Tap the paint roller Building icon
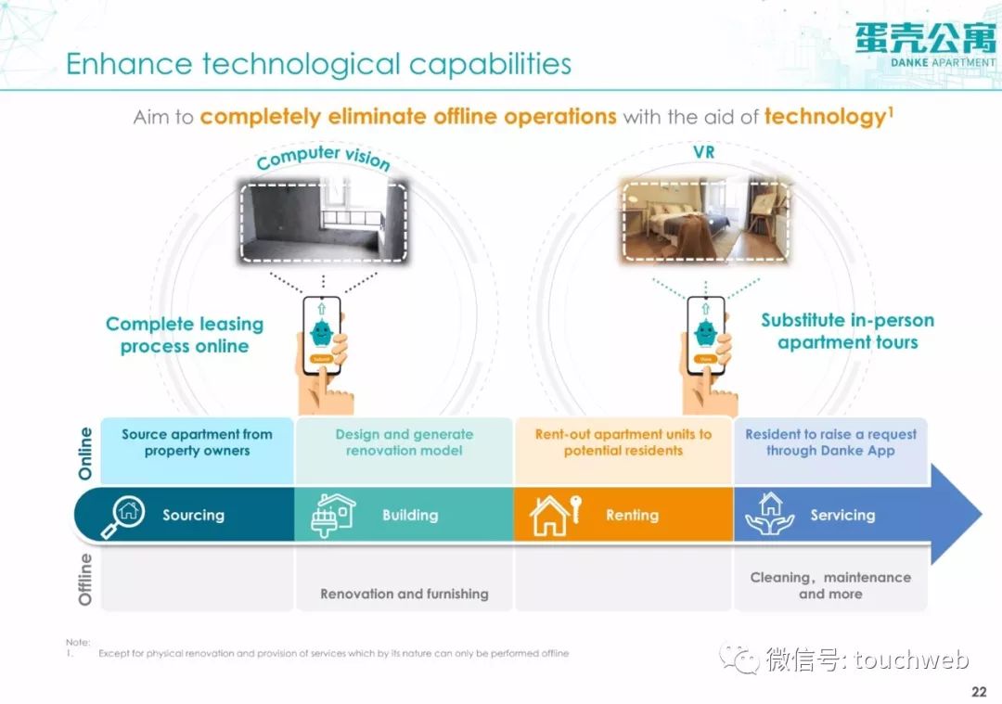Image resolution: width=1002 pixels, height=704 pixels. pos(333,515)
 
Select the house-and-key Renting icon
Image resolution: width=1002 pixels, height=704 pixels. pos(556,515)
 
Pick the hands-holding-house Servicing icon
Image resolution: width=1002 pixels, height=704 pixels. pos(770,514)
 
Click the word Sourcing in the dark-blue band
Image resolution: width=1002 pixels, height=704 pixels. pos(194,515)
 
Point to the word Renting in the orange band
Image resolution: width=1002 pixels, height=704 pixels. pos(632,515)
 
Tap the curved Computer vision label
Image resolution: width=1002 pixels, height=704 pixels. pos(324,158)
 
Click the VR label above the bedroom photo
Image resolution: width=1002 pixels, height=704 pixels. pos(703,152)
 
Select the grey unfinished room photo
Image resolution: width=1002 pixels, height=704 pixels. pos(324,222)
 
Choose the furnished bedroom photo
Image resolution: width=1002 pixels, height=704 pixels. pos(705,221)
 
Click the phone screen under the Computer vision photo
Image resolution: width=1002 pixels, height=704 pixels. pos(321,334)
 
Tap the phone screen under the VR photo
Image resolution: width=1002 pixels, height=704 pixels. pos(706,334)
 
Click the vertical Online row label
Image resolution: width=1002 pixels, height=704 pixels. pos(85,453)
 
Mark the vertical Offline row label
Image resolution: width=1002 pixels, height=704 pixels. pos(85,579)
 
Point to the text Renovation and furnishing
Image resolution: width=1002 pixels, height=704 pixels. pos(405,595)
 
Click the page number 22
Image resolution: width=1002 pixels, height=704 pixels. pos(979,691)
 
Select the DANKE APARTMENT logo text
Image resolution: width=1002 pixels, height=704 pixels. pos(943,62)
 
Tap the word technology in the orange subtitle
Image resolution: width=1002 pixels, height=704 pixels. pos(825,116)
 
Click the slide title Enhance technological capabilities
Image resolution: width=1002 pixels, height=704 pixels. pos(319,64)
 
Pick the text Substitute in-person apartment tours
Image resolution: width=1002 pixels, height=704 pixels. pos(847,331)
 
